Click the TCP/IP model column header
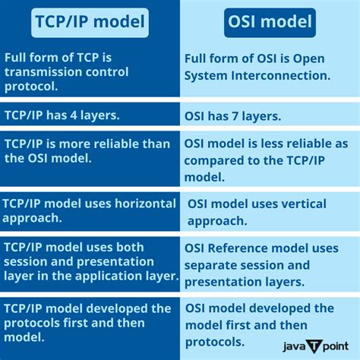(x=90, y=23)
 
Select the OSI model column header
(x=270, y=23)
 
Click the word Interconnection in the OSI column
(x=277, y=76)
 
